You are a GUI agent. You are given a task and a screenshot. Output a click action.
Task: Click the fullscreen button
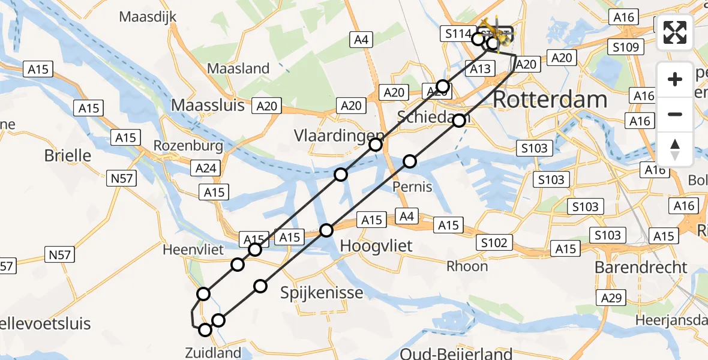[x=675, y=32]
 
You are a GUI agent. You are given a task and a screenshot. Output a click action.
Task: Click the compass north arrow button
[x=675, y=149]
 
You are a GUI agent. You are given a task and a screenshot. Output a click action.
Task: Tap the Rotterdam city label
[x=550, y=100]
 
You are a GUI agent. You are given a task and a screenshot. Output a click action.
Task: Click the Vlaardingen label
[x=338, y=135]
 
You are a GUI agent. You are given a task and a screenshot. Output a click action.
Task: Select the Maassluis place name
[x=208, y=106]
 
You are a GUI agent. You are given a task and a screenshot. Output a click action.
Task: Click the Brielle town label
[x=68, y=156]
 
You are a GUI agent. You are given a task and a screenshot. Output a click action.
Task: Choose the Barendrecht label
[x=641, y=267]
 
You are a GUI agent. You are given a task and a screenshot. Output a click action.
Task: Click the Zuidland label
[x=213, y=353]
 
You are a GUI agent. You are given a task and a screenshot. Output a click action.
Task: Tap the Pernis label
[x=412, y=187]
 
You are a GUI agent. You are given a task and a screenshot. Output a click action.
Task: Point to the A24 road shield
[x=206, y=169]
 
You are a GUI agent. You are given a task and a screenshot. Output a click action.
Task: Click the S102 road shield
[x=494, y=243]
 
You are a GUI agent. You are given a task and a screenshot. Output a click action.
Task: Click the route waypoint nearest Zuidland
[x=205, y=330]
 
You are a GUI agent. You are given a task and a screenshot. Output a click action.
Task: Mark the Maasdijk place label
[x=148, y=17]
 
